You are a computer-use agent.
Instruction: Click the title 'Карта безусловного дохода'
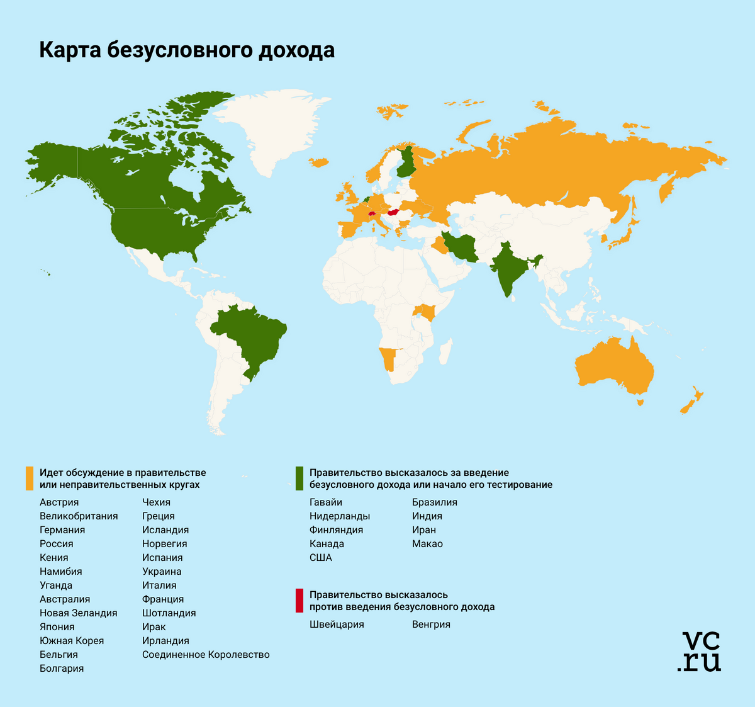(x=187, y=50)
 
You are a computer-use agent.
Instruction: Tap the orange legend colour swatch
(x=29, y=478)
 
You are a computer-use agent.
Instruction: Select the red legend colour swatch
(x=299, y=601)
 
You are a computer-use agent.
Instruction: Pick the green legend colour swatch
(x=299, y=478)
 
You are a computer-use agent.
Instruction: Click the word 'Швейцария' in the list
(x=337, y=625)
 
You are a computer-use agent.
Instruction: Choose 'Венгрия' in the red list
(x=431, y=625)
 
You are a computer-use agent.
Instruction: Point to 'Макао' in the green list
(x=427, y=544)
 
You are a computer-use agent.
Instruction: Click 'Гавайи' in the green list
(x=326, y=502)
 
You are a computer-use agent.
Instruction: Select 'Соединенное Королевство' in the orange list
(x=206, y=655)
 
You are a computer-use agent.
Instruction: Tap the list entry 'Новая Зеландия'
(x=78, y=613)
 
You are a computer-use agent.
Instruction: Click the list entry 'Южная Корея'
(x=72, y=641)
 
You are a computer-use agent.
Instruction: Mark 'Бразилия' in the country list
(x=435, y=502)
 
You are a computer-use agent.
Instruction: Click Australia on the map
(x=613, y=368)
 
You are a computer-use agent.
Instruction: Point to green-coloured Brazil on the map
(x=249, y=334)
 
